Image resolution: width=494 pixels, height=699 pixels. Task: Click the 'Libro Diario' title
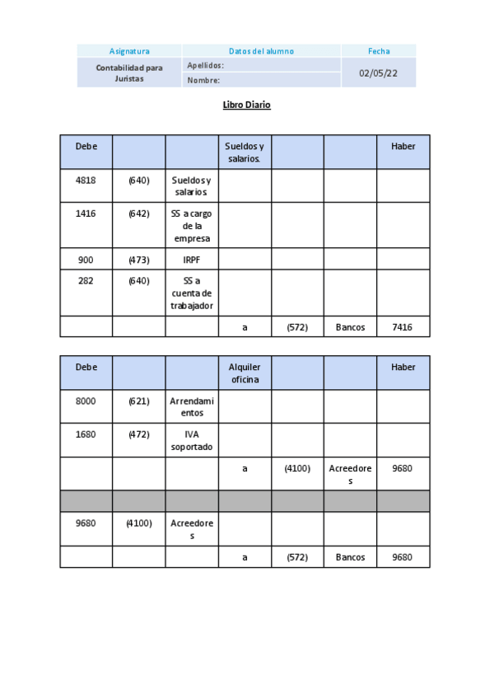(246, 105)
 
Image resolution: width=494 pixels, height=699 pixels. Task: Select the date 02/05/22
(379, 73)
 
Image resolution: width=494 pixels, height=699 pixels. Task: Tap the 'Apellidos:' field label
(206, 65)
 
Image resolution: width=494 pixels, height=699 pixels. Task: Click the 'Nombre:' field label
(203, 81)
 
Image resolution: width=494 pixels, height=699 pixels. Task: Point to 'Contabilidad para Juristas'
(129, 73)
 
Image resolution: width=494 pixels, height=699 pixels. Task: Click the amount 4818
(86, 181)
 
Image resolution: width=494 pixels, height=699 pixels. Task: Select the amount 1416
(86, 213)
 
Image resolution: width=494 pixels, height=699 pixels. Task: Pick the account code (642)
(139, 213)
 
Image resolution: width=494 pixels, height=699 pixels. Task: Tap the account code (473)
(139, 260)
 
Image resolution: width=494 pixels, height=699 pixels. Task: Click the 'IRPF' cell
(192, 260)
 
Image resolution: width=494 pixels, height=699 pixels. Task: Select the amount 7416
(403, 327)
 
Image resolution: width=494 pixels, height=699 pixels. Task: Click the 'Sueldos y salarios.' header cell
(245, 152)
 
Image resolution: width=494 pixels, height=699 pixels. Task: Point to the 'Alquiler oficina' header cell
(245, 373)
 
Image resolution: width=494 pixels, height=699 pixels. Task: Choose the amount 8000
(86, 401)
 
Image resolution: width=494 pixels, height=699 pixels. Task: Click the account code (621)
(139, 401)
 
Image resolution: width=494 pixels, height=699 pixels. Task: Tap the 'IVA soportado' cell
(192, 440)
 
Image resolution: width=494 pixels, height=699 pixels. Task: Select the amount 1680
(86, 434)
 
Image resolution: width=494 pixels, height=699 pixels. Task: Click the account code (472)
(139, 434)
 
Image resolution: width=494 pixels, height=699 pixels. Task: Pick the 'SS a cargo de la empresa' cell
(192, 226)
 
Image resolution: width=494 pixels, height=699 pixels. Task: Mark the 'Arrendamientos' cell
(192, 406)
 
